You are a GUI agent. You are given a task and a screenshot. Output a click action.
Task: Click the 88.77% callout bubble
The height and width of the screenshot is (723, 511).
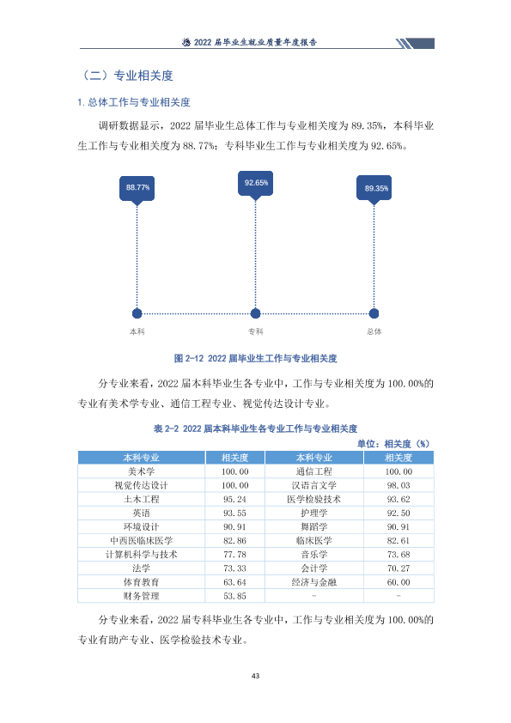pyautogui.click(x=137, y=188)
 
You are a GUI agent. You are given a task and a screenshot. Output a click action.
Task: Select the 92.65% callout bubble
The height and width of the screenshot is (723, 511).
pyautogui.click(x=256, y=184)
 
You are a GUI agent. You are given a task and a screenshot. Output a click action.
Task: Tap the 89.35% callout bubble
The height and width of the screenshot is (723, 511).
pyautogui.click(x=374, y=188)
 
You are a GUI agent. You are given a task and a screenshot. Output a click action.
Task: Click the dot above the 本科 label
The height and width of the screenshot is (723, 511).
pyautogui.click(x=137, y=313)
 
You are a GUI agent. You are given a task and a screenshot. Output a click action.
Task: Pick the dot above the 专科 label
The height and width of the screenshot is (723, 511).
pyautogui.click(x=256, y=313)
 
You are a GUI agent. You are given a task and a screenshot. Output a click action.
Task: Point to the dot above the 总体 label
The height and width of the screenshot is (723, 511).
pyautogui.click(x=374, y=313)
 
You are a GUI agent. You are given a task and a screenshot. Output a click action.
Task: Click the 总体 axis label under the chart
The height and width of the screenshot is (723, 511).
pyautogui.click(x=374, y=331)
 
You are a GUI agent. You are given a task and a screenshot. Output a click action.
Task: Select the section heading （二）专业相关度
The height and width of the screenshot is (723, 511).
pyautogui.click(x=126, y=76)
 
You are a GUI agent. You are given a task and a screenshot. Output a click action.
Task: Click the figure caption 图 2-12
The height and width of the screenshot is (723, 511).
pyautogui.click(x=256, y=358)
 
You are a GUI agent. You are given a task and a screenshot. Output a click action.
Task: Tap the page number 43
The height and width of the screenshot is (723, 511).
pyautogui.click(x=256, y=676)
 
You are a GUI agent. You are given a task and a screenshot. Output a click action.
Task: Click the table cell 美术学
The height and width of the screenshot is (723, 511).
pyautogui.click(x=141, y=471)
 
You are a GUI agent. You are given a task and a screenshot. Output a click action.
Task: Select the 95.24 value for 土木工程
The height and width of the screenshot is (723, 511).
pyautogui.click(x=234, y=500)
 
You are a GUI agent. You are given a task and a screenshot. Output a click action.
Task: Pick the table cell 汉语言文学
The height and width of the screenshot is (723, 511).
pyautogui.click(x=314, y=485)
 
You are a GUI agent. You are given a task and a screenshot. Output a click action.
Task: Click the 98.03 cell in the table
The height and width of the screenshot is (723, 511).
pyautogui.click(x=398, y=485)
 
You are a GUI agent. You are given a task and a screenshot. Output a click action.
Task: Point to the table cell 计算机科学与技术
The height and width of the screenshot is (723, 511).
pyautogui.click(x=141, y=555)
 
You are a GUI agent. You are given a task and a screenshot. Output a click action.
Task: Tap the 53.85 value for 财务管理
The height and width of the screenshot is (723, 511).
pyautogui.click(x=234, y=596)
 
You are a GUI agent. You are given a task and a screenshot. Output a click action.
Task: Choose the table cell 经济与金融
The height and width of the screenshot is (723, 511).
pyautogui.click(x=314, y=582)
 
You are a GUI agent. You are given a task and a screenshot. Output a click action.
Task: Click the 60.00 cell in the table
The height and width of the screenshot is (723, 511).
pyautogui.click(x=398, y=582)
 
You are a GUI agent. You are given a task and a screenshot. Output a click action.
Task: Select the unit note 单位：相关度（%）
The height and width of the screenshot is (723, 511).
pyautogui.click(x=393, y=444)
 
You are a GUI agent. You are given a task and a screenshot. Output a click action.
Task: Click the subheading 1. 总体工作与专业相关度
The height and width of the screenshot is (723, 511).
pyautogui.click(x=134, y=102)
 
